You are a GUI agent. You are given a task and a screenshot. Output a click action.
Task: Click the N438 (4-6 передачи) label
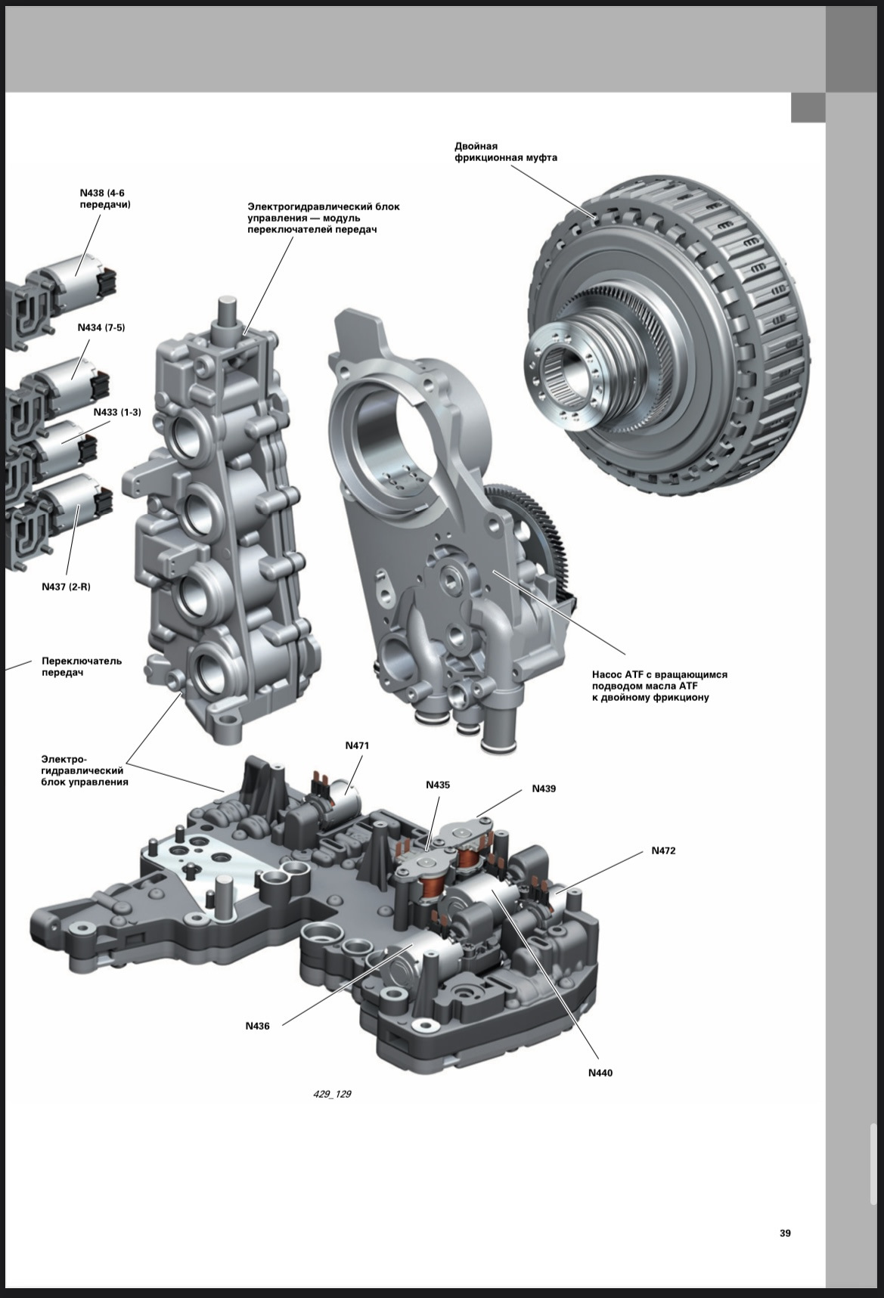[x=104, y=199]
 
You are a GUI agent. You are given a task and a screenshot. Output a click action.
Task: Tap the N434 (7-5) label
[x=101, y=327]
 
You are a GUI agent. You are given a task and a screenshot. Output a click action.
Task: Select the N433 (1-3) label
[x=117, y=412]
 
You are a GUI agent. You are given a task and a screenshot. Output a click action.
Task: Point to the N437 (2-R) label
[x=66, y=587]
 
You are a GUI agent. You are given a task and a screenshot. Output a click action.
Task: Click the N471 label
[x=357, y=745]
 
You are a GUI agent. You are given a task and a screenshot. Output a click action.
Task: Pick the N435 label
[x=438, y=785]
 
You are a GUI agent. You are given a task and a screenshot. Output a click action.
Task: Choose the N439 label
[x=544, y=788]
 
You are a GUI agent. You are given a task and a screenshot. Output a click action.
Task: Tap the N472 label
[x=664, y=850]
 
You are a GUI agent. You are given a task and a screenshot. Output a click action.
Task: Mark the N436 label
[x=257, y=1026]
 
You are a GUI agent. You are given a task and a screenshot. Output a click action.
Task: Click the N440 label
[x=600, y=1073]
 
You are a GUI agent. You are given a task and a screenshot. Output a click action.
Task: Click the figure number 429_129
[x=331, y=1094]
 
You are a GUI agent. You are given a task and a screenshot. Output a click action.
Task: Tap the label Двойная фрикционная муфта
[x=506, y=152]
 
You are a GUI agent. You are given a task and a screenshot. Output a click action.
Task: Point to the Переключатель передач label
[x=82, y=667]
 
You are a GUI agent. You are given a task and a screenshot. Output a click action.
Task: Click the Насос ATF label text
[x=659, y=686]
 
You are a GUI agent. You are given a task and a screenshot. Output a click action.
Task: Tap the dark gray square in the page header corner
[x=808, y=107]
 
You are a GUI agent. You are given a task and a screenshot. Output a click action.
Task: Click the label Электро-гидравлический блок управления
[x=84, y=770]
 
